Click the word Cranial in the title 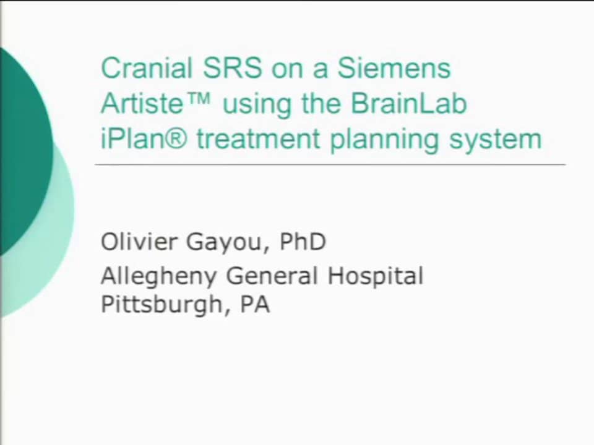(x=139, y=68)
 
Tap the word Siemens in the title (x=394, y=68)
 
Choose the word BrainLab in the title (x=409, y=103)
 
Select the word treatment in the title (x=259, y=140)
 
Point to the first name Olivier (x=137, y=242)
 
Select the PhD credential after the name (x=303, y=242)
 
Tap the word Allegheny (x=159, y=276)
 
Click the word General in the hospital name (x=273, y=276)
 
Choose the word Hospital (x=376, y=276)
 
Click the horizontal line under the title (x=330, y=165)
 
